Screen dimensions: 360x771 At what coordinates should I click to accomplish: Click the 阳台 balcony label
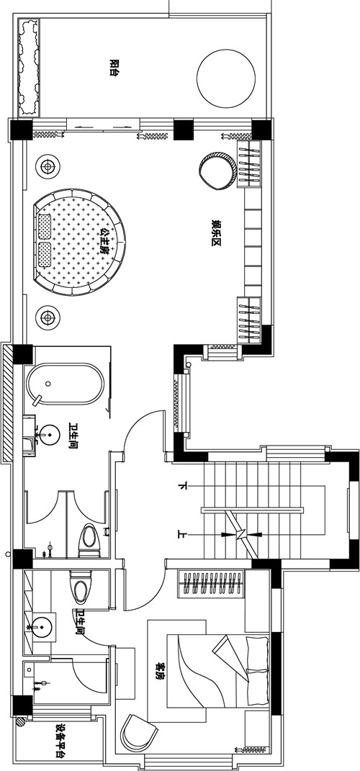tap(114, 68)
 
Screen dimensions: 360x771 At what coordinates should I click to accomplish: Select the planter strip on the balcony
tap(29, 68)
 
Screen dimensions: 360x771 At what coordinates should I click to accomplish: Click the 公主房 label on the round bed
tap(103, 240)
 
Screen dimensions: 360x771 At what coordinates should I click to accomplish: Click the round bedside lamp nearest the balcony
tap(48, 167)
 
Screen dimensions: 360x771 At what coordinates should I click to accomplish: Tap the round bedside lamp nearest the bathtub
tap(48, 317)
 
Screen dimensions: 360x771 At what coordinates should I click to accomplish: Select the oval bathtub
tap(66, 384)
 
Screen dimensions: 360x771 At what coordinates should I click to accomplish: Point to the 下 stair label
tap(183, 487)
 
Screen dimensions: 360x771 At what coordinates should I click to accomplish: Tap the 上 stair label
tap(183, 534)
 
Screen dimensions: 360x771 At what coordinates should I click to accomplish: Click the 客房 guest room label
tap(159, 670)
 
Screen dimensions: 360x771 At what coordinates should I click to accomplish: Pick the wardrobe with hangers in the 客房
tap(212, 583)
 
